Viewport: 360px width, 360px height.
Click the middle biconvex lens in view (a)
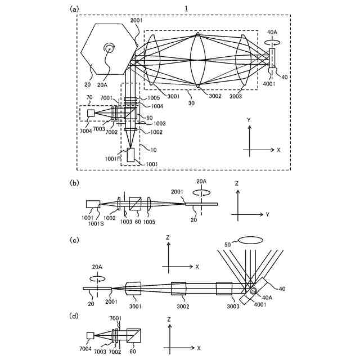198,60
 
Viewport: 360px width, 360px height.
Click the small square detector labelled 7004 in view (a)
91,113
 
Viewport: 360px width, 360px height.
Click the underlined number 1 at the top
186,7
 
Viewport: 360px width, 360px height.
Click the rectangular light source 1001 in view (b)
93,205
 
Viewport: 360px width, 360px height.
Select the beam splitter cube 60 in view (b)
135,204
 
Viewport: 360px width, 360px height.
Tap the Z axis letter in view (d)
169,319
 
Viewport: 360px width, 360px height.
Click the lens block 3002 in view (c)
178,289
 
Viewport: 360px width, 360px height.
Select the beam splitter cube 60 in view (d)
134,336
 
